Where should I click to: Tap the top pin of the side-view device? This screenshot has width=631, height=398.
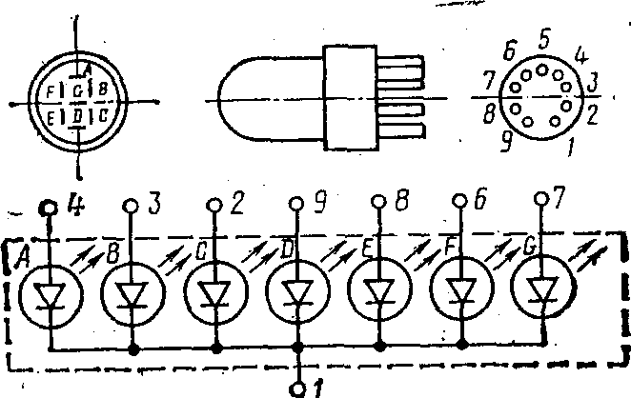click(x=401, y=68)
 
